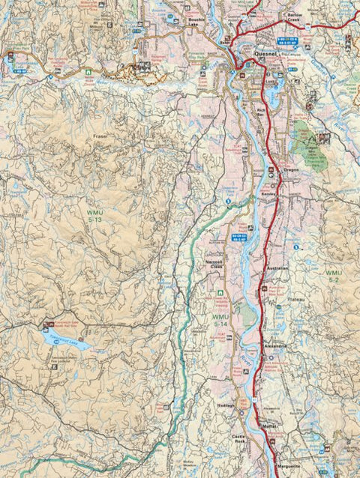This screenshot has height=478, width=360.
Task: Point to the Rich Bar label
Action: coord(262,112)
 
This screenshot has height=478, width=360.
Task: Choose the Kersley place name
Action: coord(269,193)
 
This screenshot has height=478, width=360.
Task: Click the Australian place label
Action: coord(277,269)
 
